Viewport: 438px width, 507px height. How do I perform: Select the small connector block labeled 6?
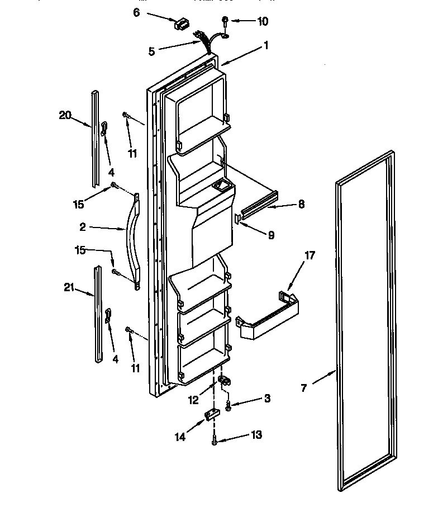[180, 24]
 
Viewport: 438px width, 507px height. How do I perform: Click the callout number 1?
[266, 46]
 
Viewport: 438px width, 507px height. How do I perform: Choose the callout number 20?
[65, 115]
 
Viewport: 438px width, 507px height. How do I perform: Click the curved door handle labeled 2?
[134, 240]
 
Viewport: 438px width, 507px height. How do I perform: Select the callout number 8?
[301, 205]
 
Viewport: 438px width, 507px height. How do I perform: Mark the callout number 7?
[304, 387]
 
